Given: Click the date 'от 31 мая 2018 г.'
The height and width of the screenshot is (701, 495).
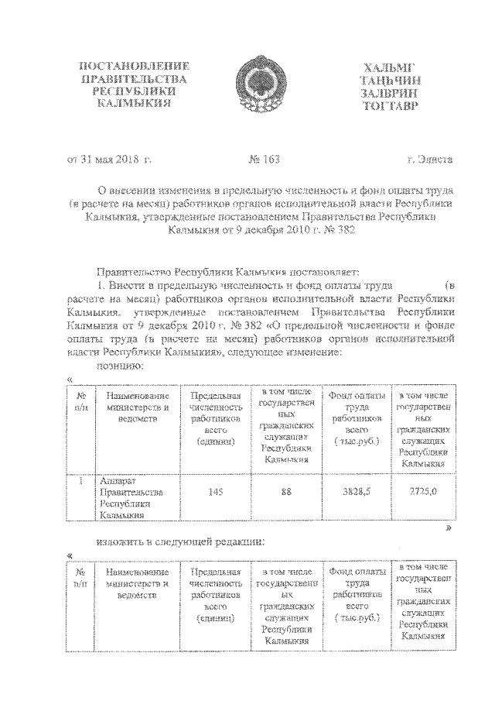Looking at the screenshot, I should [108, 160].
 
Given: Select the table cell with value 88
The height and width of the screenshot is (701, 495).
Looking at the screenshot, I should [287, 490].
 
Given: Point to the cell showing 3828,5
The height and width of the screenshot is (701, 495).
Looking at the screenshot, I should [357, 490].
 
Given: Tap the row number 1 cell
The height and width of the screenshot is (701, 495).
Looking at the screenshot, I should [80, 479].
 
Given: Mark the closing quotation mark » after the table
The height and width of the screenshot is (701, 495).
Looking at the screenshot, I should [448, 527].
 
